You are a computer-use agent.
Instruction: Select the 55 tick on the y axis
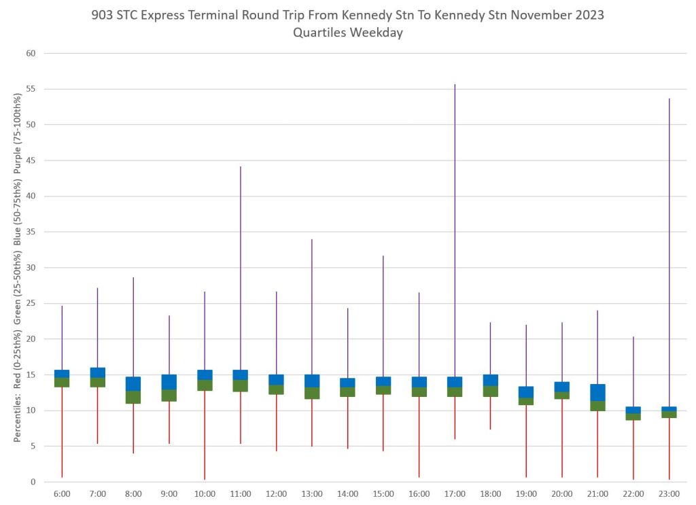pos(31,89)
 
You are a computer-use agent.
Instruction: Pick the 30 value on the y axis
pos(31,268)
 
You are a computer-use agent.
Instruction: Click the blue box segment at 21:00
pos(597,393)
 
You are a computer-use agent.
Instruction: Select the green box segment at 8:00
pos(133,397)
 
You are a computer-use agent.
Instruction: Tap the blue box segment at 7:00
pos(98,372)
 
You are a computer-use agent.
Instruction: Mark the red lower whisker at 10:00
pos(205,435)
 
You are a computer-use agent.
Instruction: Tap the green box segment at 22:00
pos(633,417)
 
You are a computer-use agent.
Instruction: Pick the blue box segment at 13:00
pos(312,381)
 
